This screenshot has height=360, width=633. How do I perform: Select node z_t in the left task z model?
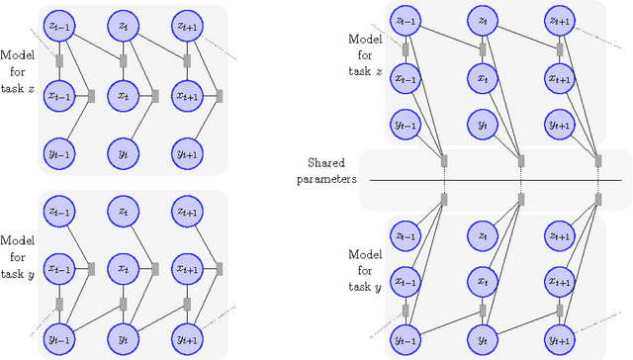click(x=124, y=24)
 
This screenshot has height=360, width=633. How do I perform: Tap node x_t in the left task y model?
click(x=124, y=269)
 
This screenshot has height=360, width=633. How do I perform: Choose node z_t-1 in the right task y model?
click(x=404, y=235)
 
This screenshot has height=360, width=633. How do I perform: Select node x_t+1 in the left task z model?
click(x=186, y=96)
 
